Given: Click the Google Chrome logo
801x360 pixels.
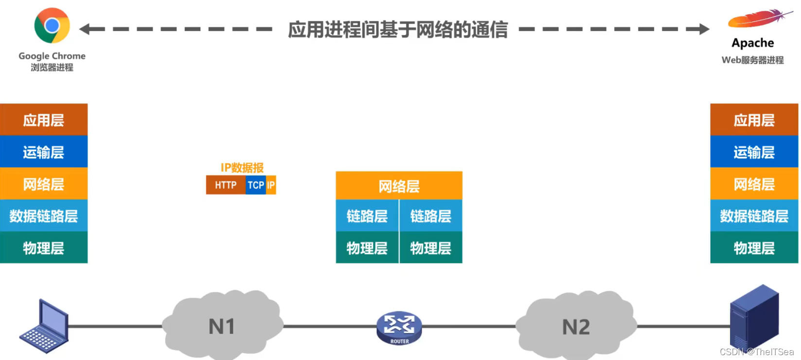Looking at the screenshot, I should (x=52, y=25).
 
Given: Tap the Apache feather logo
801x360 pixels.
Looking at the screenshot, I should (x=759, y=19).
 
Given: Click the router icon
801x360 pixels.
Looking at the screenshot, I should (x=399, y=327).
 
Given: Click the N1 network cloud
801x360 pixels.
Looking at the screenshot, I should (x=222, y=325).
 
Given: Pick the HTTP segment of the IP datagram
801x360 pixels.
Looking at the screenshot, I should (x=226, y=185).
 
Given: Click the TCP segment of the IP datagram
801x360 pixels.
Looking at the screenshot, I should (x=256, y=185).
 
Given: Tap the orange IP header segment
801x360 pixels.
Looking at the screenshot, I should (x=271, y=185).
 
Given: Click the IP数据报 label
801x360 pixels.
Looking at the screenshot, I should (x=242, y=168).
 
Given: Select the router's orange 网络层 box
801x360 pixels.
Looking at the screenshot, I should (x=399, y=185).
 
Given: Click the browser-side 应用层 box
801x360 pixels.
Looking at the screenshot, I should (x=44, y=120).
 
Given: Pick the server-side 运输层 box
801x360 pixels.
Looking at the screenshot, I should (x=754, y=152).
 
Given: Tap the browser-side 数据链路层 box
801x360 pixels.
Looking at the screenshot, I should (x=44, y=216).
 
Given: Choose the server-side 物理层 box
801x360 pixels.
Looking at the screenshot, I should (x=754, y=248).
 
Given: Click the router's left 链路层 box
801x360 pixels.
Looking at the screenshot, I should (x=367, y=216).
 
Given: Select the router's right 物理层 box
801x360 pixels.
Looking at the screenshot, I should (x=430, y=248).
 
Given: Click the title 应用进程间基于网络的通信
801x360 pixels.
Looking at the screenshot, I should (x=398, y=29).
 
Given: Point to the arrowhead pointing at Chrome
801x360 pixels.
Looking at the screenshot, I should (x=85, y=29).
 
